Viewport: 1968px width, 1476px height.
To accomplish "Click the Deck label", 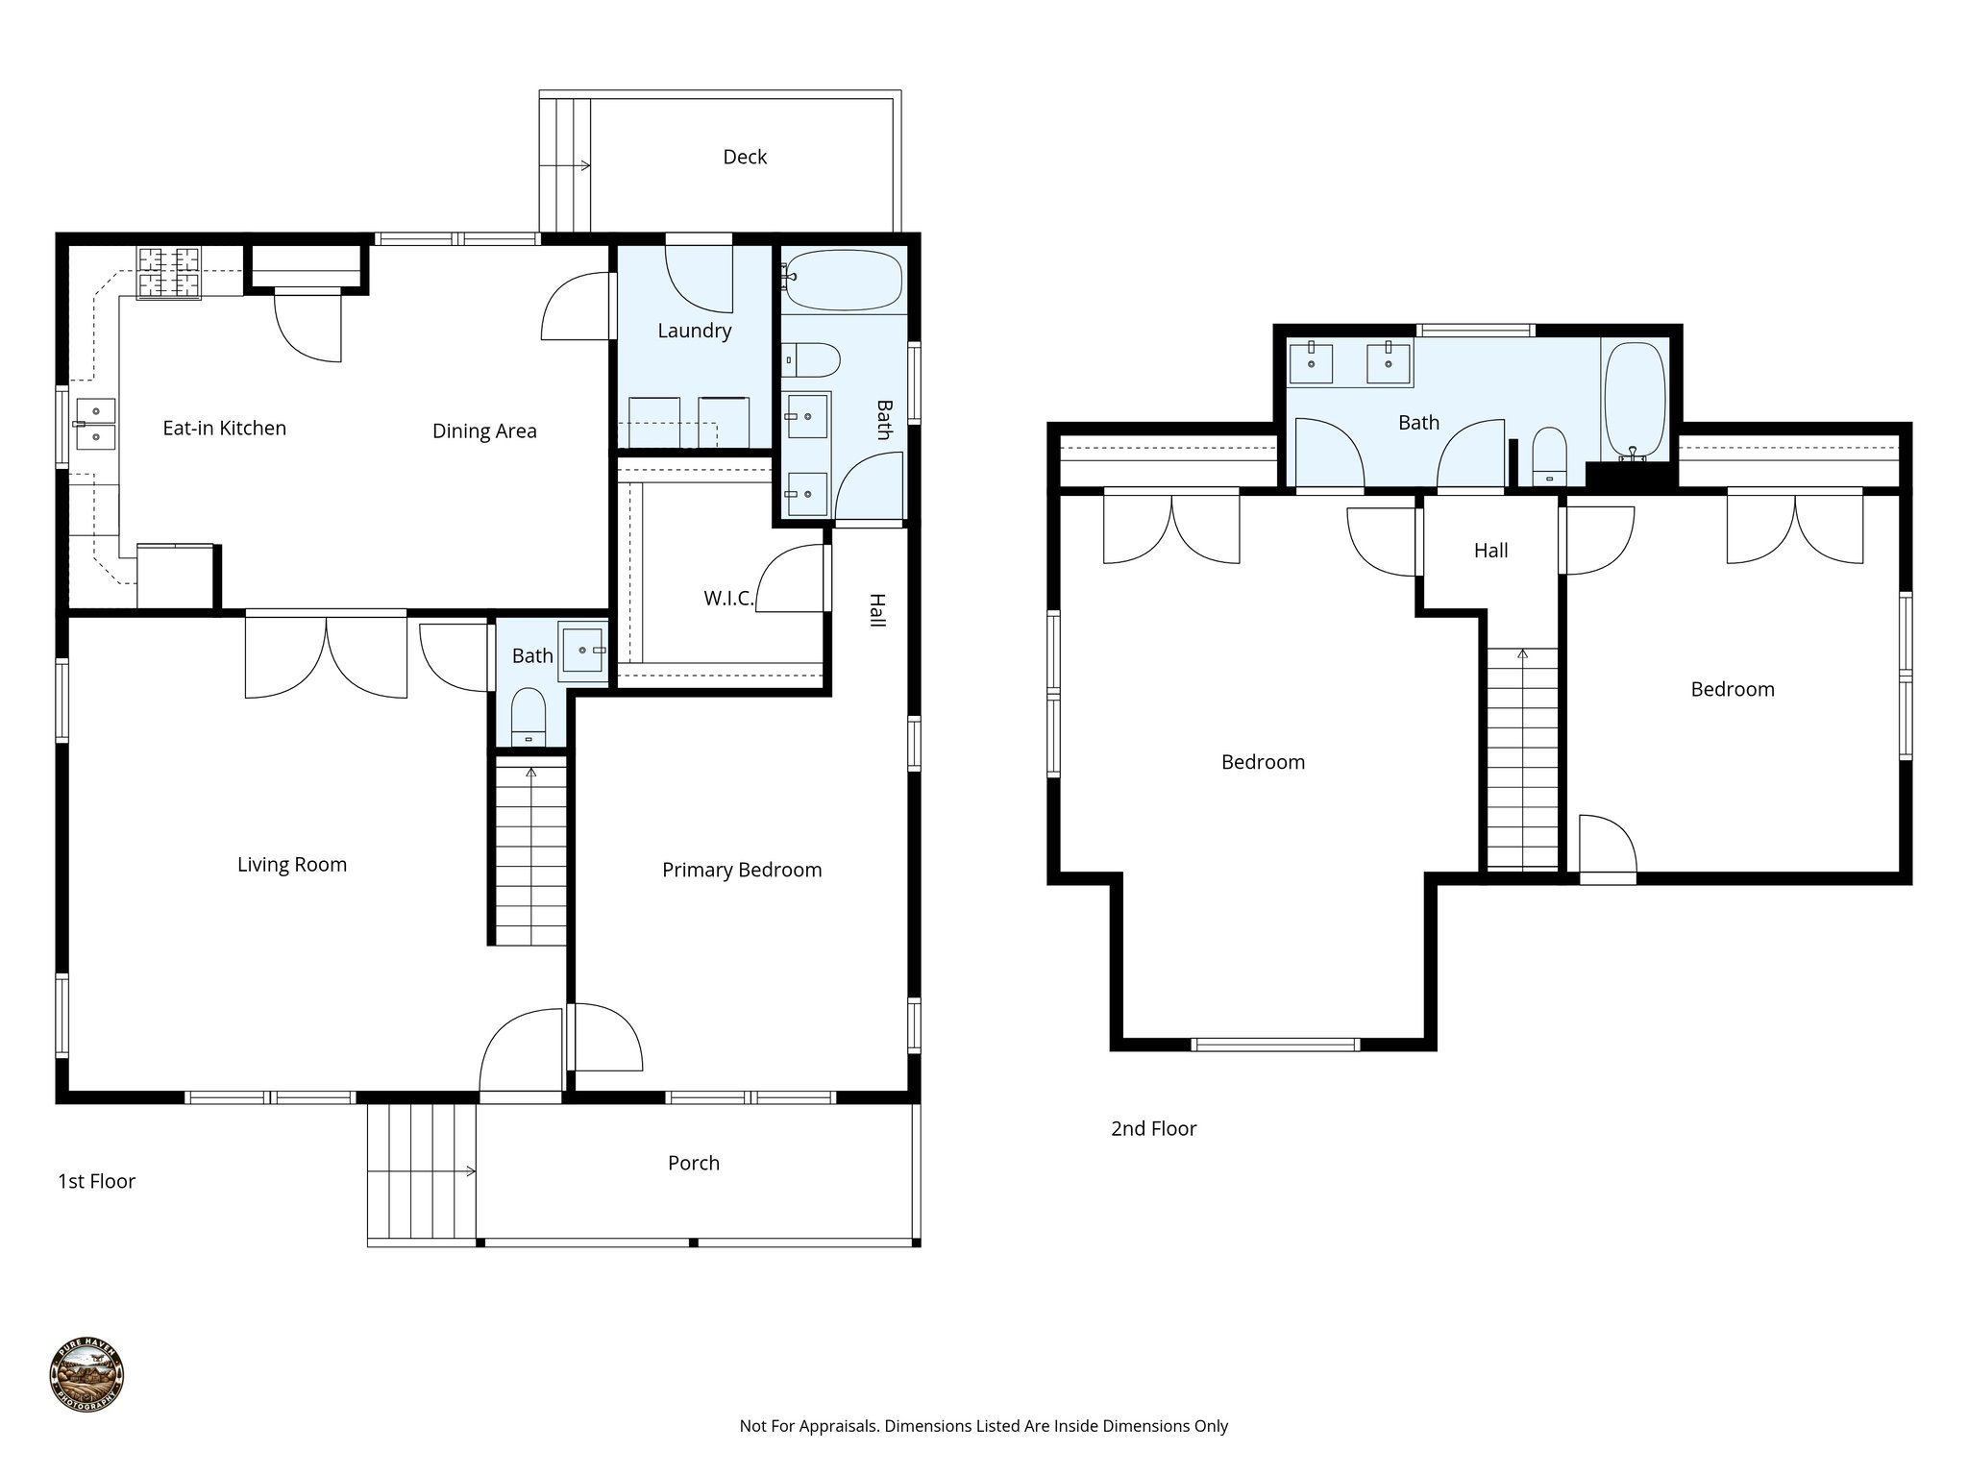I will click(x=745, y=157).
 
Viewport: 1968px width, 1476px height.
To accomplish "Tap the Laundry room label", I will click(x=694, y=331).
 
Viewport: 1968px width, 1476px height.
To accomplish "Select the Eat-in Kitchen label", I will click(x=224, y=429).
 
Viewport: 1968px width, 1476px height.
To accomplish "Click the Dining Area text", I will click(x=484, y=431).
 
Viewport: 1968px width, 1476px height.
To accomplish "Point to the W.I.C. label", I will click(x=727, y=599).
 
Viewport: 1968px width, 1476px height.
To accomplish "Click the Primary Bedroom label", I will click(x=742, y=871).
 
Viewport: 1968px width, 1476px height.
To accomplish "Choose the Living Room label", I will click(x=291, y=865).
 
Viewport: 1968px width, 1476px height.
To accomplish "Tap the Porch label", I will click(x=693, y=1164).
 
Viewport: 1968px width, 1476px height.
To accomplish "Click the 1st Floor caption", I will click(x=96, y=1182).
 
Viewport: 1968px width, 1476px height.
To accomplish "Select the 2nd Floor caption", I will click(x=1153, y=1129).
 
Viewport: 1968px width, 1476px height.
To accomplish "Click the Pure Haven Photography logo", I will click(x=86, y=1376).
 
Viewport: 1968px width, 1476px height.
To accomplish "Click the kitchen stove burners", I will click(x=170, y=272).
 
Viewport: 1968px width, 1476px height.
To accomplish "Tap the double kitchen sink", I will click(x=95, y=424).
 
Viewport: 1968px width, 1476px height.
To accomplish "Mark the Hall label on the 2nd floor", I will click(x=1490, y=551).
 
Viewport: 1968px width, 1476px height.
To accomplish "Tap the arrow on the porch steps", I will click(x=469, y=1170).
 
